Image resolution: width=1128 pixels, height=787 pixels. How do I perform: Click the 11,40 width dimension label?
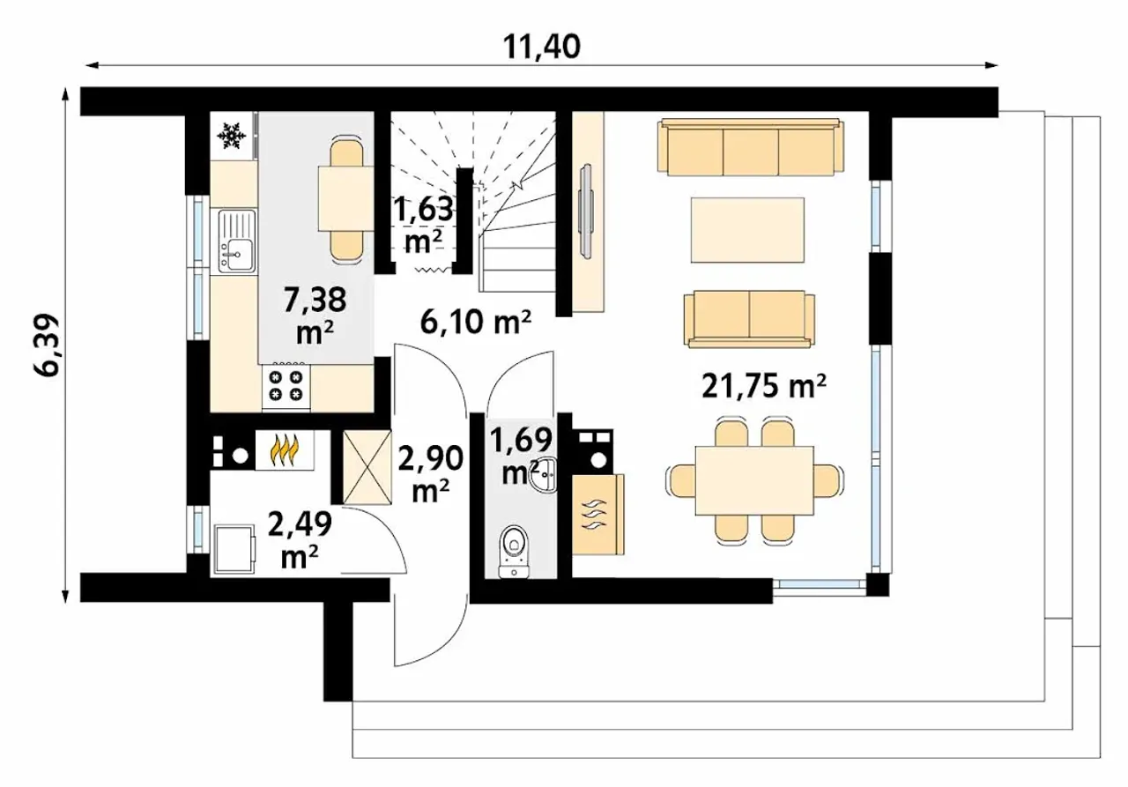point(542,47)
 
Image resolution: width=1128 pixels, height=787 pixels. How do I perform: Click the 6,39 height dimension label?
point(47,345)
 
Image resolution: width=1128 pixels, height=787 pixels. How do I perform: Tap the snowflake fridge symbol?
point(231,135)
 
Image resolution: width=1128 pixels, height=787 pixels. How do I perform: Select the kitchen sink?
point(237,241)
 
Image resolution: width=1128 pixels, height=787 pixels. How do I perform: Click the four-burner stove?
point(286,385)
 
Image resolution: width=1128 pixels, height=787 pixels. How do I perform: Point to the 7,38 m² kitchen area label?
point(315,315)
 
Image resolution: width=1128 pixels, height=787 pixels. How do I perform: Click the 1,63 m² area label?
point(423,224)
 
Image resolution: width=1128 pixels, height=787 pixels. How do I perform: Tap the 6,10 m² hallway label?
point(476,323)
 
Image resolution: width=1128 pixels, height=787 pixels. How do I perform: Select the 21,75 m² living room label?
point(764,387)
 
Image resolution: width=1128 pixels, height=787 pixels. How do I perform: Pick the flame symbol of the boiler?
point(285,449)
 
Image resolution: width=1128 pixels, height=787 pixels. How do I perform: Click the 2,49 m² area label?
point(300,539)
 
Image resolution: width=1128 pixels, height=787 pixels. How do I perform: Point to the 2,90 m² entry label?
point(431,474)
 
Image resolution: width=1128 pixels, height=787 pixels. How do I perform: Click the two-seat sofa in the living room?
point(749,319)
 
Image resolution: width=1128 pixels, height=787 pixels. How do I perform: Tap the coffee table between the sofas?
point(747,230)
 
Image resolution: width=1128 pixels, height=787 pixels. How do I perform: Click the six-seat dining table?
point(754,480)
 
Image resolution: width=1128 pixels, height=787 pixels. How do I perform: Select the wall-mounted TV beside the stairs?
point(586,211)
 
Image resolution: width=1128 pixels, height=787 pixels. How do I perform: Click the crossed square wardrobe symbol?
point(367,467)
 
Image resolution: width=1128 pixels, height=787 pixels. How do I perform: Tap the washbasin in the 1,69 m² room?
point(545,475)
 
